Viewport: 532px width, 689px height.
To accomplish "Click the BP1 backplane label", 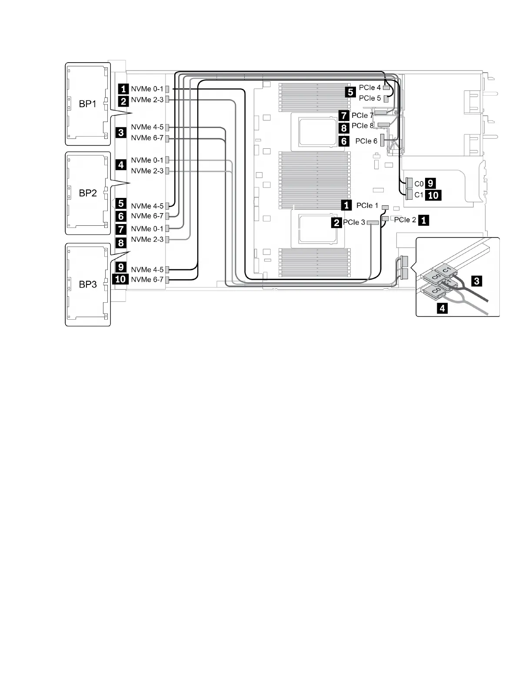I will coord(87,104).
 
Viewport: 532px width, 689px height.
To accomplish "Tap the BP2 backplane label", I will coord(87,193).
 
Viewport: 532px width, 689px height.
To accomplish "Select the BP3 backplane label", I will coord(87,284).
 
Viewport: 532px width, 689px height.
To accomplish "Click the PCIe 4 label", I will coord(369,87).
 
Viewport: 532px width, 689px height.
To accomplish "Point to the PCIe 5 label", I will coord(369,98).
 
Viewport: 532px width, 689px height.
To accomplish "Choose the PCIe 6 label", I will coord(366,141).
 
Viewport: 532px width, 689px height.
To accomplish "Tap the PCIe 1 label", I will coord(367,205).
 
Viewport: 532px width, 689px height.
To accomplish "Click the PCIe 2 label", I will coord(405,220).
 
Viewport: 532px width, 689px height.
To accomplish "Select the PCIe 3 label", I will coord(354,222).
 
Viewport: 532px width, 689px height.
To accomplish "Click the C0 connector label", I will coord(419,184).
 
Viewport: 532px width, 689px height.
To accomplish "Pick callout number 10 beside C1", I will coord(433,195).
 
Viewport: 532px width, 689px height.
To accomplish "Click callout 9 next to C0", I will coord(430,183).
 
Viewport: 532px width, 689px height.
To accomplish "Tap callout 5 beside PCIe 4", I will coord(350,92).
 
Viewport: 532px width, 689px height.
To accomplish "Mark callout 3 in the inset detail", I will coord(476,281).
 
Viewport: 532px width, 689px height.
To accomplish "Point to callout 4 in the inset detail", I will coord(442,308).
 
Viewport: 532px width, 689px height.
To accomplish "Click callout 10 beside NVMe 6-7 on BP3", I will coord(120,279).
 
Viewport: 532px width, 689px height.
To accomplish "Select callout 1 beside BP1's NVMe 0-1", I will coord(124,89).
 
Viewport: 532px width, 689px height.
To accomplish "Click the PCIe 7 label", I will coord(362,115).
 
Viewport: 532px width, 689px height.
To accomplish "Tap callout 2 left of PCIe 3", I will coord(336,223).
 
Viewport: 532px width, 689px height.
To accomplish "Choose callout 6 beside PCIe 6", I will coord(344,141).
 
